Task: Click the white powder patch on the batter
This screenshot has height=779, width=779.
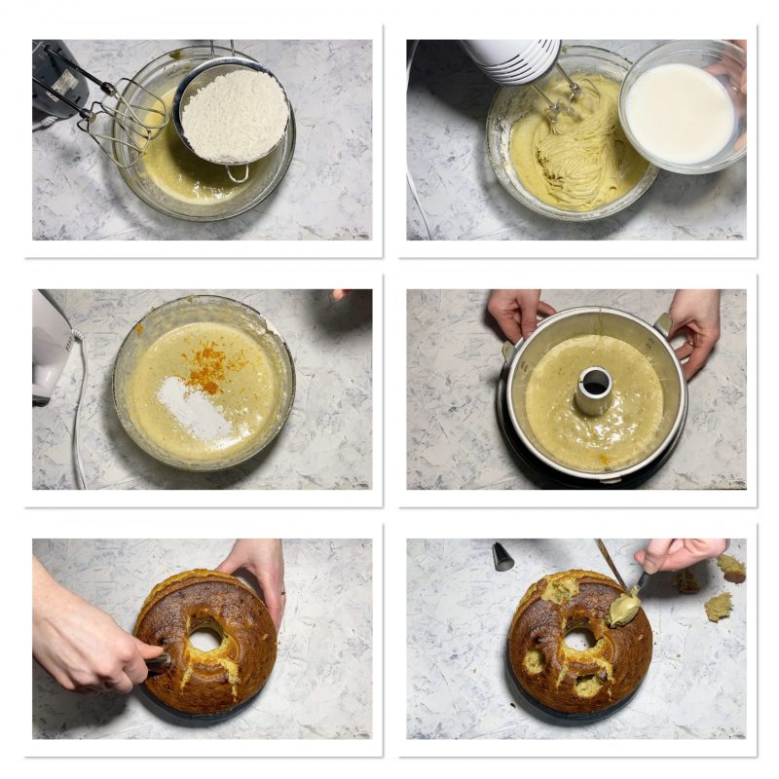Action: pyautogui.click(x=195, y=409)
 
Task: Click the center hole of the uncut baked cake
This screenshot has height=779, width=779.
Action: pyautogui.click(x=205, y=639)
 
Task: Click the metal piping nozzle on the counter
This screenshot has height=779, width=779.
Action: pyautogui.click(x=502, y=557)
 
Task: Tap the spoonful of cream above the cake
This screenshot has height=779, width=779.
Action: pyautogui.click(x=624, y=609)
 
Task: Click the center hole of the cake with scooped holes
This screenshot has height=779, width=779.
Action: pyautogui.click(x=578, y=639)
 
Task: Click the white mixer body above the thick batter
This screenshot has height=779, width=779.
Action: pyautogui.click(x=511, y=58)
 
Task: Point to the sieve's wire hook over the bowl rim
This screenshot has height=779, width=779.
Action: pyautogui.click(x=237, y=174)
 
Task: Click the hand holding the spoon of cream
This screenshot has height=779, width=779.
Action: pyautogui.click(x=682, y=553)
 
